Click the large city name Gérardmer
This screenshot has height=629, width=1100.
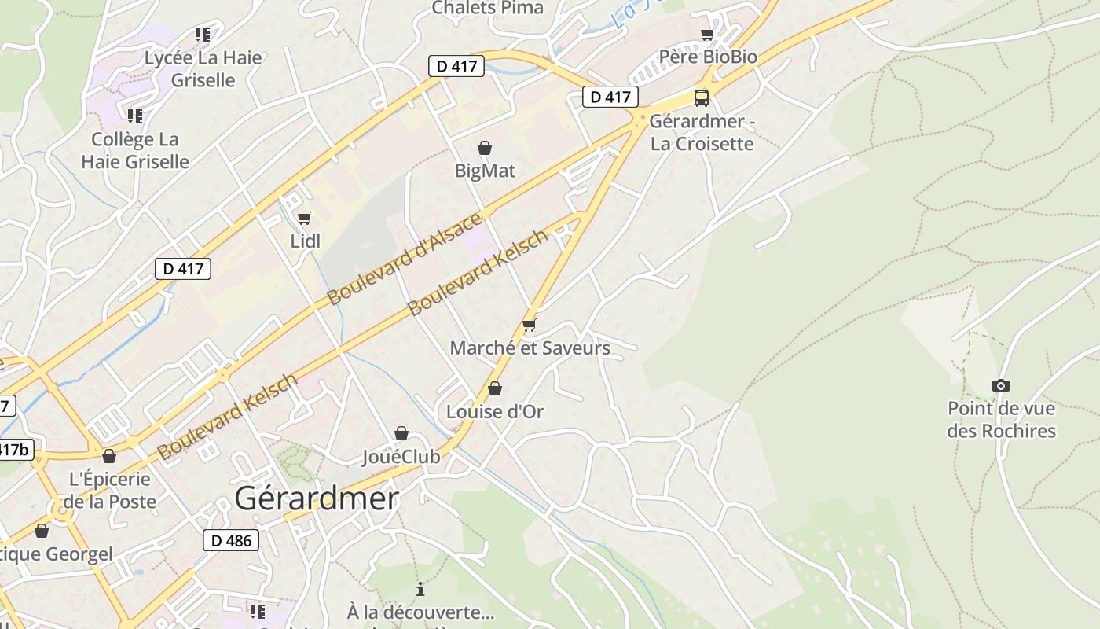coord(317,498)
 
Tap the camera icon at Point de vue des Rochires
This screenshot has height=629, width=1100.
coord(1000,385)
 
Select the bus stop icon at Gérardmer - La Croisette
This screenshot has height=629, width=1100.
coord(702,98)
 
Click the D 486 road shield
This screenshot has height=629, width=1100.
coord(231,540)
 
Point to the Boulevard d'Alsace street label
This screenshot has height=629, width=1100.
coord(405,259)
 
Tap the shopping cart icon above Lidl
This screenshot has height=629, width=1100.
coord(305,218)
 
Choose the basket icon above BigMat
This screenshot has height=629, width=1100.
coord(485,148)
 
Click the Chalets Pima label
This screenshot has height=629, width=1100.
coord(487,8)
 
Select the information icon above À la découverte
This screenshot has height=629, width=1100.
coord(420,589)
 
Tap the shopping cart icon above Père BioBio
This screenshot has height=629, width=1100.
coord(707,35)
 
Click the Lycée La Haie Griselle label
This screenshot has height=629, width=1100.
coord(203,68)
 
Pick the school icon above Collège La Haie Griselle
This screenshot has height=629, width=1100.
coord(135,116)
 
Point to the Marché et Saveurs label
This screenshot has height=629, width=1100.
coord(530,348)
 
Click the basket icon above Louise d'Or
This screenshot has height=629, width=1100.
coord(495,388)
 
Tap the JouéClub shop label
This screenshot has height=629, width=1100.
coord(401,456)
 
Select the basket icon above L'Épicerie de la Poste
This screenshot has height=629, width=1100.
coord(109,456)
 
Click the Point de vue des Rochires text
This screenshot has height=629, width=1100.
coord(1001,420)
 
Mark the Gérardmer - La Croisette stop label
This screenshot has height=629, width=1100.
coord(702,133)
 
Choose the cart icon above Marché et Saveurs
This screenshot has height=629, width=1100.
coord(529,325)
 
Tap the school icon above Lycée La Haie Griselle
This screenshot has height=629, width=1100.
coord(203,35)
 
